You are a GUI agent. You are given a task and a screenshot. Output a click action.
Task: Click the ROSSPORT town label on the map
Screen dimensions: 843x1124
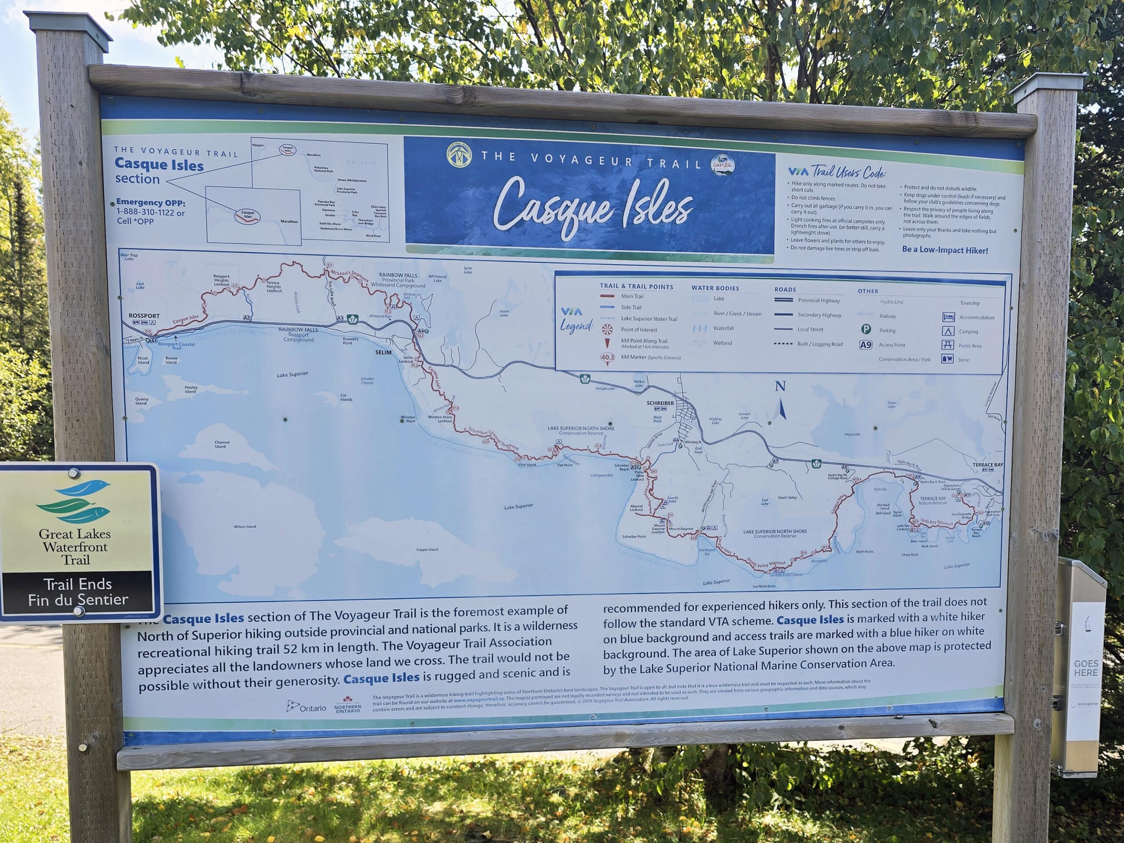click(144, 316)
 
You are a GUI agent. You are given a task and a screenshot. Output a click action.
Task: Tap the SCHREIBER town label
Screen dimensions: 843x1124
click(660, 403)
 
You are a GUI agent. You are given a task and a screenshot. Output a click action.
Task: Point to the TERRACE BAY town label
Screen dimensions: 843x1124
click(988, 465)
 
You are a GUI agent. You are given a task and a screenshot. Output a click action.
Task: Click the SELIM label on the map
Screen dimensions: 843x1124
click(383, 352)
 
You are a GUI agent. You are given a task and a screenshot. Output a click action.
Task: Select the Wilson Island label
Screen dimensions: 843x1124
click(245, 526)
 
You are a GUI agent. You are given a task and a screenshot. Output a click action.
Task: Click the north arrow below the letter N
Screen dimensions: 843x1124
click(782, 409)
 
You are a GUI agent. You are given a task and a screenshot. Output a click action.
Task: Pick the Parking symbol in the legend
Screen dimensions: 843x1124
click(866, 329)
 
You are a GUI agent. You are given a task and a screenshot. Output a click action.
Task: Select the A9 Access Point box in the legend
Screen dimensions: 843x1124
click(865, 345)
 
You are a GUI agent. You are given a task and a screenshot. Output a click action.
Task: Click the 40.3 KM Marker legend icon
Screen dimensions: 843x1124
click(607, 358)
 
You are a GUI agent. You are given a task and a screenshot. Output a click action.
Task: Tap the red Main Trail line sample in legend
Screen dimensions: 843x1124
click(607, 296)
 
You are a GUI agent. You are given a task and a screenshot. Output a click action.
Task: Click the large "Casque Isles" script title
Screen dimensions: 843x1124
click(592, 206)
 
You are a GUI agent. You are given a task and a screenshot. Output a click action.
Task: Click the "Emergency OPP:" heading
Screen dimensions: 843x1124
click(151, 202)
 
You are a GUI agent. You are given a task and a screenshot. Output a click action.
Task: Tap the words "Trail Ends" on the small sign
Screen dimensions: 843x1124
click(77, 584)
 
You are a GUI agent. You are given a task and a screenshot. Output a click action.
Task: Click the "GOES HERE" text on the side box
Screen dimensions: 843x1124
click(1086, 668)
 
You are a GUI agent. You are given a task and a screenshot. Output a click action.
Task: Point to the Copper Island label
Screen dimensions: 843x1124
click(427, 549)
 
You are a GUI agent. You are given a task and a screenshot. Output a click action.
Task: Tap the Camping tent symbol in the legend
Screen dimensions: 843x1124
click(947, 331)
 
